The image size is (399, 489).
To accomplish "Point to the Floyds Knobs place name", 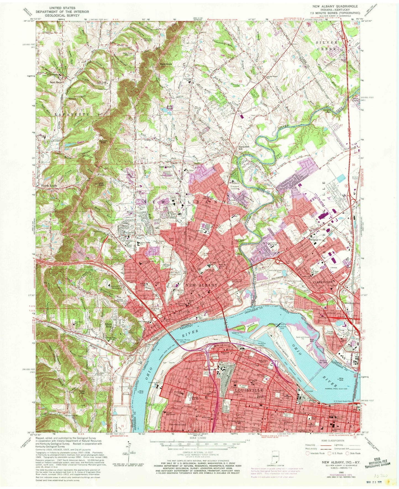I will tap(49, 186).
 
